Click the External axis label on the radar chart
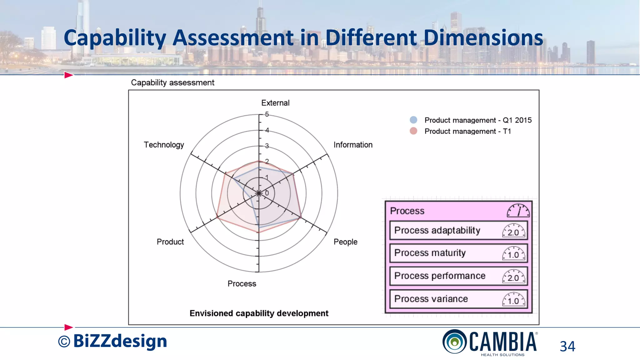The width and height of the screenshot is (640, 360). (275, 103)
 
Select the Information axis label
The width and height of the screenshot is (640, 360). (353, 145)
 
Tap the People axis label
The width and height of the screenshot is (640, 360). (345, 242)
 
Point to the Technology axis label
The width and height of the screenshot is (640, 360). (164, 145)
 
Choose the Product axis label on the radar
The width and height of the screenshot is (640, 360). (170, 242)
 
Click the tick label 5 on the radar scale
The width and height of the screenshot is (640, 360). (267, 114)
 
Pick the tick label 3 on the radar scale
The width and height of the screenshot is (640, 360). (267, 146)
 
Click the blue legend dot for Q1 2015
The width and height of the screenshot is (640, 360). (413, 120)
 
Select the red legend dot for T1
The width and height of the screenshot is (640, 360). (413, 131)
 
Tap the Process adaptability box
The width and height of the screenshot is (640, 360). (458, 231)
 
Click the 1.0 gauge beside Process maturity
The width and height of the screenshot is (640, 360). (514, 254)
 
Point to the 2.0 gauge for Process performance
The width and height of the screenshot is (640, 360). (514, 277)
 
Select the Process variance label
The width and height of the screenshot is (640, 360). (431, 299)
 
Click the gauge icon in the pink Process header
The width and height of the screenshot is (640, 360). (518, 211)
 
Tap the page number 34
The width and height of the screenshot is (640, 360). (567, 346)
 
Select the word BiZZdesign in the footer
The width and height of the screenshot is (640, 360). (120, 341)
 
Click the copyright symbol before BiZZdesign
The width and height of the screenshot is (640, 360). (64, 342)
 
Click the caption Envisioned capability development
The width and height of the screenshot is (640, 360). (259, 313)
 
